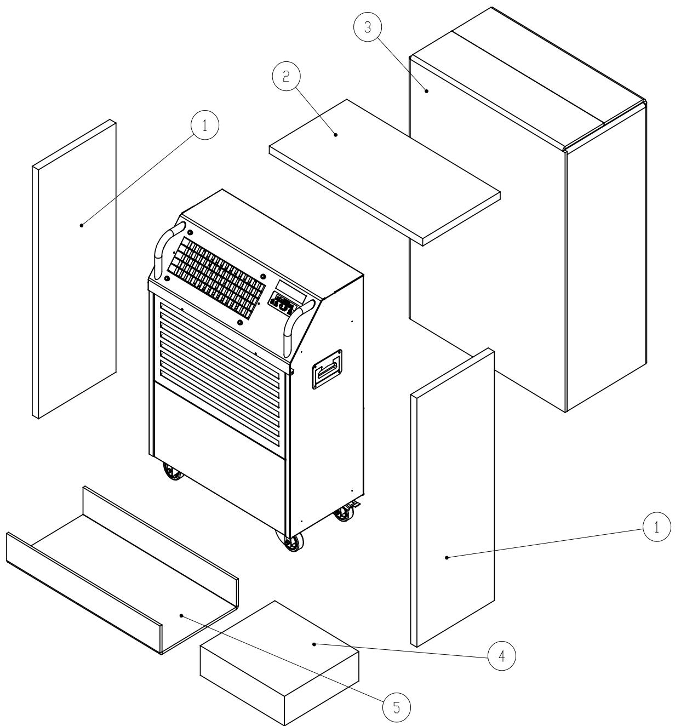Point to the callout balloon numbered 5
396,707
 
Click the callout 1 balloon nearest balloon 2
204,125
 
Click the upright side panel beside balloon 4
452,499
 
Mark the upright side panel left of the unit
74,268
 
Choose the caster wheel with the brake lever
345,512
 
